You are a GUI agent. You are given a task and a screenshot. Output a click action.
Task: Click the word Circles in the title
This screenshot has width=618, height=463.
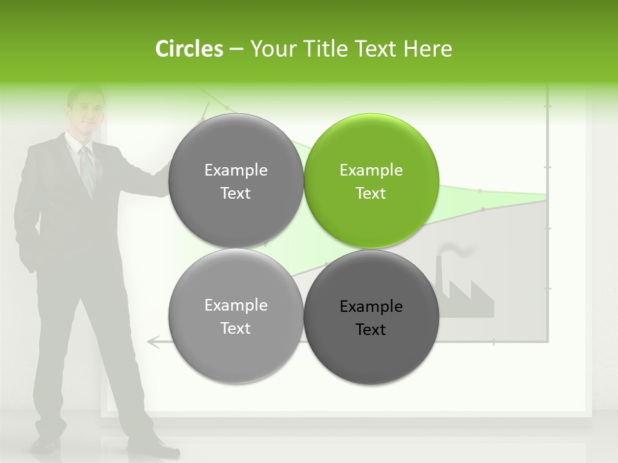(189, 49)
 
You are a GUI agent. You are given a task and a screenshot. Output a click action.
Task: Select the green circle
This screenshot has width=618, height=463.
(371, 181)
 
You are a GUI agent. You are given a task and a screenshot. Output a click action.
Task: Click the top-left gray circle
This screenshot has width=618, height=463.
(236, 181)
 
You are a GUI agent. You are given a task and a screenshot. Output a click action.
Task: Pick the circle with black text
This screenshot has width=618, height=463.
(371, 317)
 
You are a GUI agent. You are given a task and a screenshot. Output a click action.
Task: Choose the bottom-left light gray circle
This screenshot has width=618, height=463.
(236, 317)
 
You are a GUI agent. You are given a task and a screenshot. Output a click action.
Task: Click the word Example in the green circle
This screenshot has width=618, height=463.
(371, 170)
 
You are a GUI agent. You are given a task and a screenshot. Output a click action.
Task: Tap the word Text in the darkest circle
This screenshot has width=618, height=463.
(371, 330)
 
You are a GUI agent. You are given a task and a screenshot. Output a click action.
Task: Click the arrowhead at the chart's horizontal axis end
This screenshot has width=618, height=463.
(153, 341)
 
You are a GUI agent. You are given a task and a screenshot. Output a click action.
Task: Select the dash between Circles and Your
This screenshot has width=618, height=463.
(236, 49)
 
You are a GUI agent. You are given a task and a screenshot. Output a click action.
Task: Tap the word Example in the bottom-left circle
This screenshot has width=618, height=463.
(236, 305)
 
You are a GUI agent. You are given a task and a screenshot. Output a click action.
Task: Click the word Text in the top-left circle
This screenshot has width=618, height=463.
(236, 194)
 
